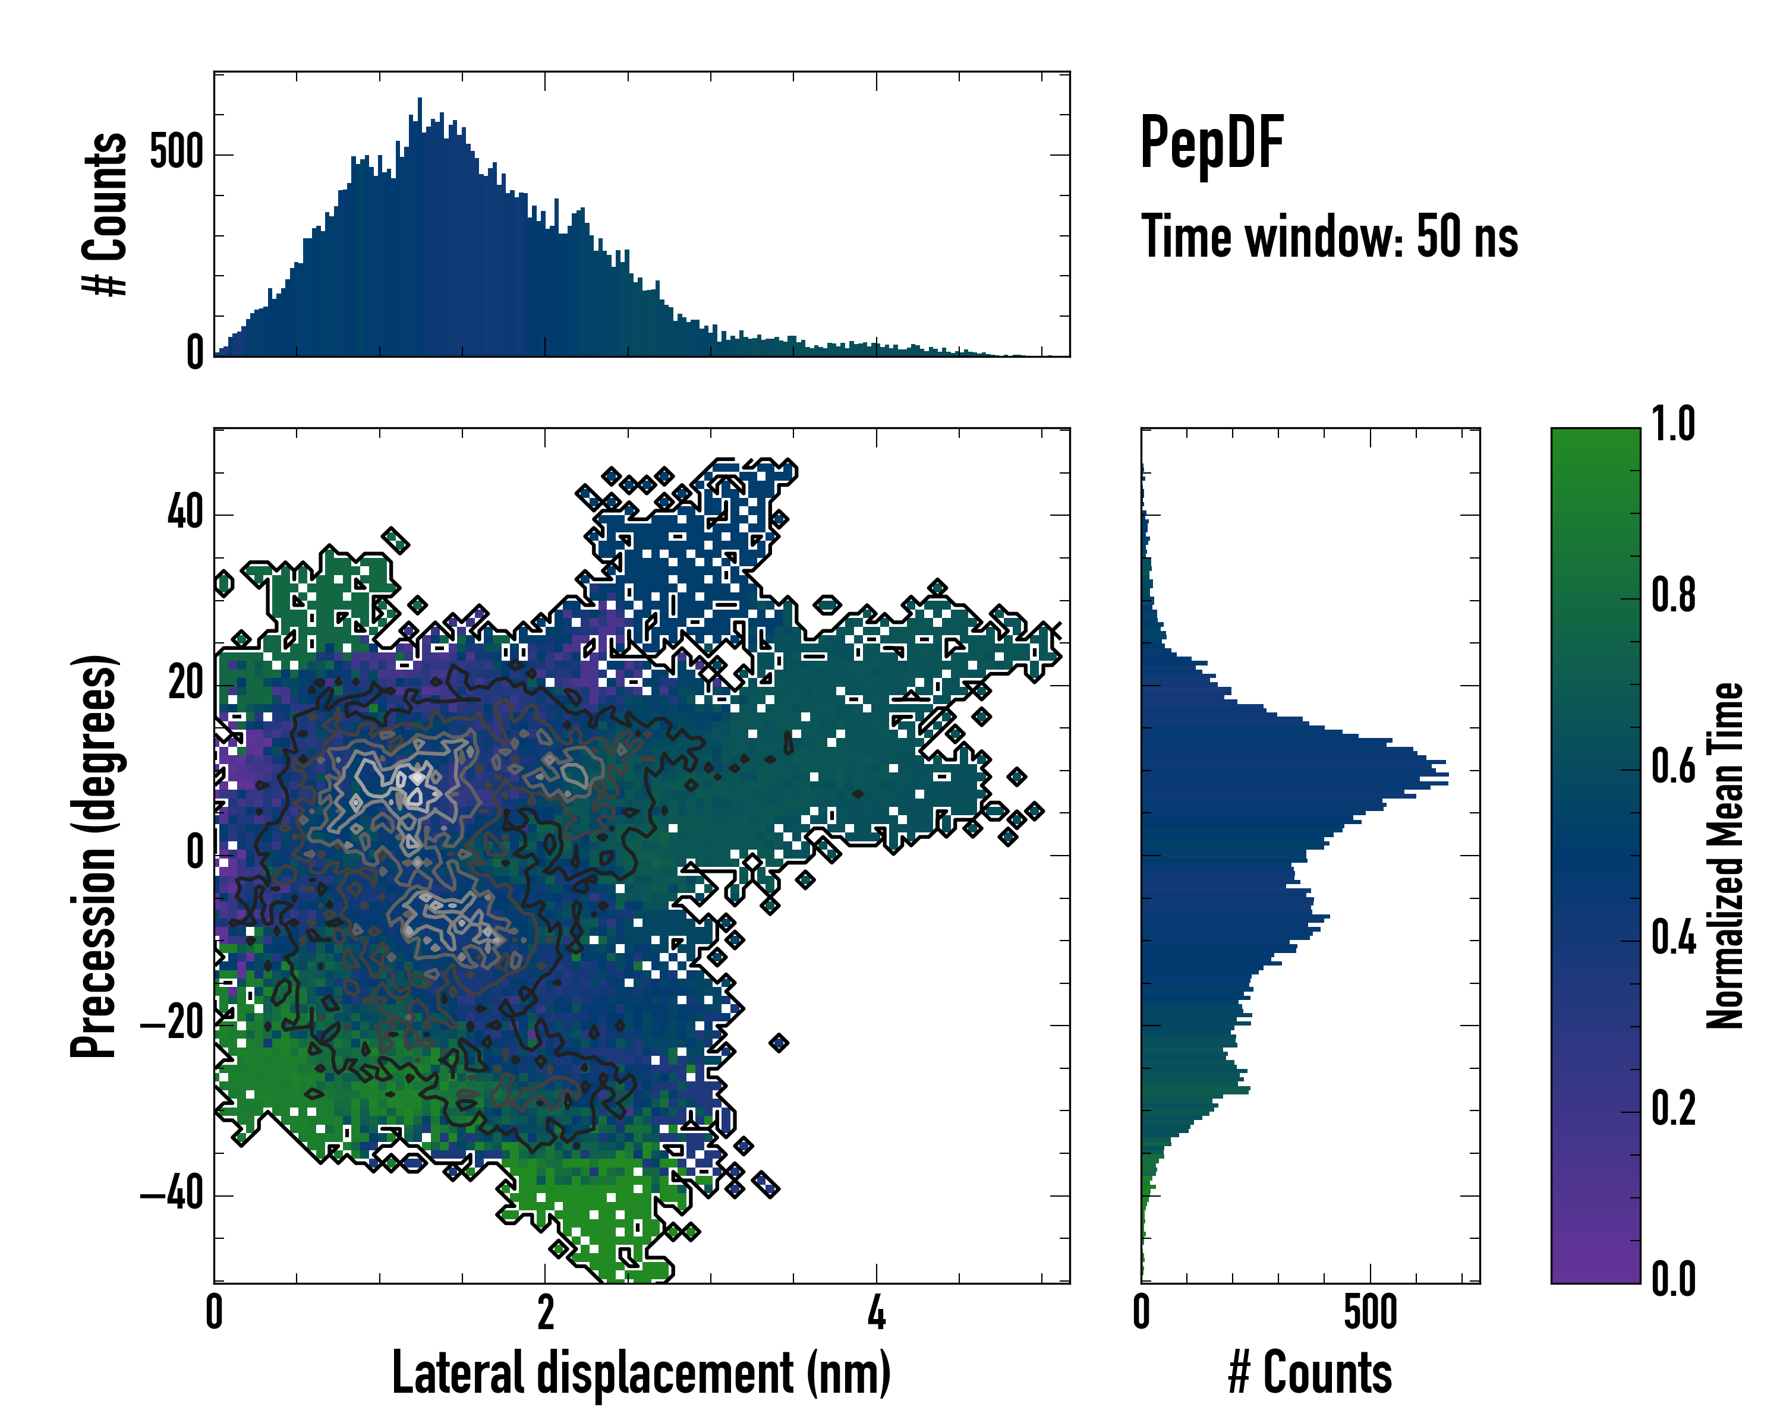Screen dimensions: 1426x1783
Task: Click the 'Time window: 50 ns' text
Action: [x=1329, y=236]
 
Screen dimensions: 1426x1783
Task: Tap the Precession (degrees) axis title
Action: [x=93, y=856]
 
